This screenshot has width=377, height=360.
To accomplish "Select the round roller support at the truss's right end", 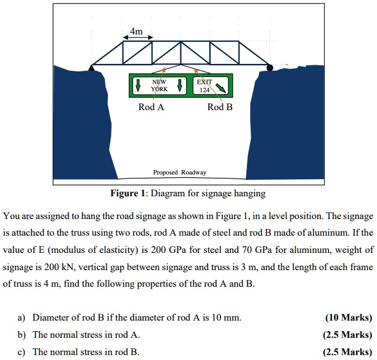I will (x=269, y=66).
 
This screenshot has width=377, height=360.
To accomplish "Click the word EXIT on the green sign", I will (x=205, y=81).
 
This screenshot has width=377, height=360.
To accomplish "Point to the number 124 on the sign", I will (x=205, y=90).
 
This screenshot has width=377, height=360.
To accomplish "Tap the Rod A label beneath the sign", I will (x=152, y=107).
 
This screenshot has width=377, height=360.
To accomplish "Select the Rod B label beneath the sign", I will (x=220, y=107).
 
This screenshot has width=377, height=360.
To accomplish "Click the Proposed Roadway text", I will (x=180, y=172).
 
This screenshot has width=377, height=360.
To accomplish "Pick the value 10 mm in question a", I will (x=228, y=318).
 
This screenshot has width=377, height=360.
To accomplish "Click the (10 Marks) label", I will (x=349, y=318).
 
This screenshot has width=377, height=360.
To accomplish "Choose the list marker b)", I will (x=20, y=335).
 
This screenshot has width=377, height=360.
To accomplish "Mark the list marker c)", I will (x=20, y=352).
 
